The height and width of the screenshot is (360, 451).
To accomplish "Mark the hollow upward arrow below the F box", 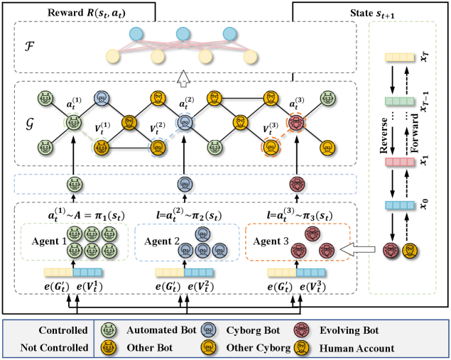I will point(182,76).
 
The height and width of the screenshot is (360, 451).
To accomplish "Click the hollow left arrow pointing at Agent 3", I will point(352,249).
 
